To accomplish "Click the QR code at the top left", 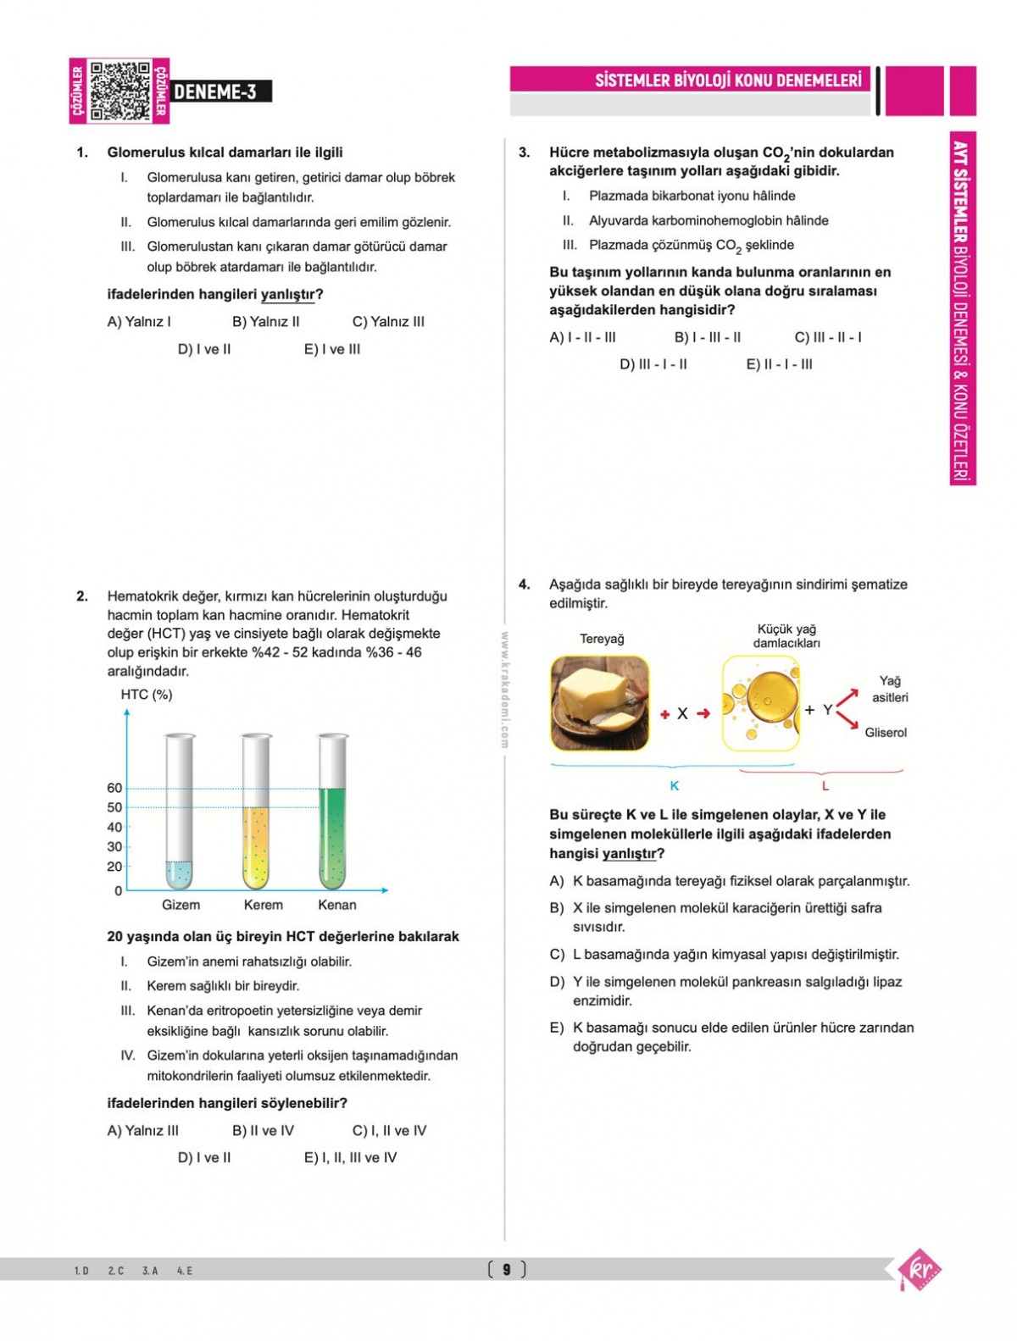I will tap(119, 91).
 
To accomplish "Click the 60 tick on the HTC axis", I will tap(114, 788).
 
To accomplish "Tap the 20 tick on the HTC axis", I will tap(114, 866).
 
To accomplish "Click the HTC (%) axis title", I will tap(147, 695).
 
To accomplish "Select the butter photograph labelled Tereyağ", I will tap(599, 703).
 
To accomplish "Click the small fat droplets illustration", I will tap(760, 703).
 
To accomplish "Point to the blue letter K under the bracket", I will tap(675, 786).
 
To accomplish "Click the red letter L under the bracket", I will tap(825, 786).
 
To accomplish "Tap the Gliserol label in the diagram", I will tap(886, 733).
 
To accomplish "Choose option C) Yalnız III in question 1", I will tap(388, 322).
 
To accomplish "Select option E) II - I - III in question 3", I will tap(779, 364).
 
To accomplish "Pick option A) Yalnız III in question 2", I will tap(143, 1131).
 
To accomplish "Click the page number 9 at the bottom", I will tap(507, 1269).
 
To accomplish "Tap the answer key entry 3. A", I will tap(150, 1271).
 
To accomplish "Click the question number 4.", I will tap(525, 585).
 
